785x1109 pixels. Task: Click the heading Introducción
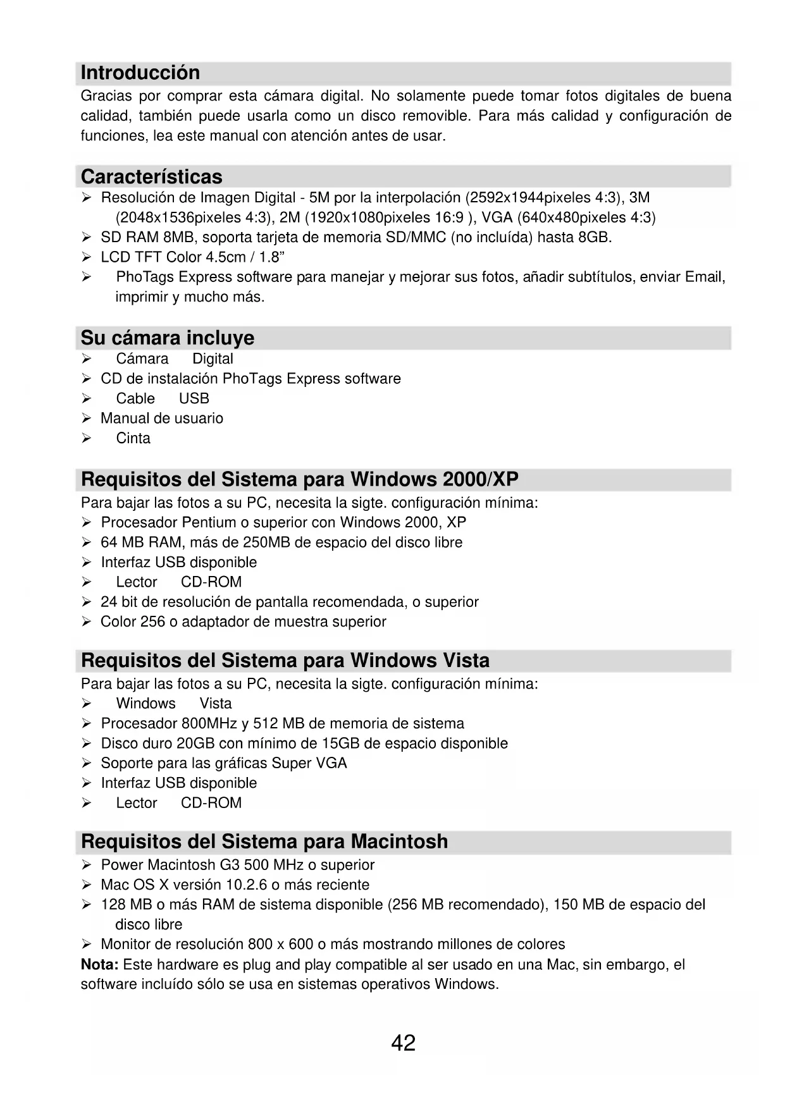point(140,73)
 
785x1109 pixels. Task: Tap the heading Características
point(152,176)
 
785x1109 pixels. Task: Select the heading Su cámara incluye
point(168,338)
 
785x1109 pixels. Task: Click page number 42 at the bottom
point(403,1043)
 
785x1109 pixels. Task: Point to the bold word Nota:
point(100,964)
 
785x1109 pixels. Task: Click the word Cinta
point(133,438)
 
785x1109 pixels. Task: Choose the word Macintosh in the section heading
point(399,842)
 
